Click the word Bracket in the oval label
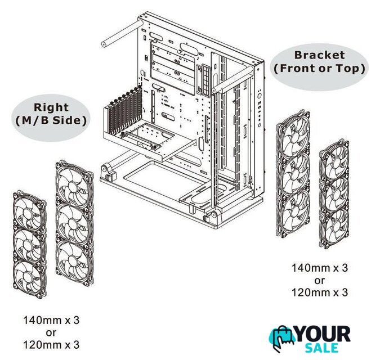[x=319, y=55]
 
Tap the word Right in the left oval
[x=51, y=107]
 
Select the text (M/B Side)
[x=51, y=120]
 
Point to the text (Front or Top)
[x=319, y=69]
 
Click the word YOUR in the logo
[x=323, y=334]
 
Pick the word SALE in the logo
[x=321, y=348]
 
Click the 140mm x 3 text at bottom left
[x=51, y=320]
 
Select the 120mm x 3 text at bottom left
[x=51, y=345]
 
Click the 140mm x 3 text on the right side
[x=319, y=268]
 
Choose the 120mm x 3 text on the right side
[x=319, y=292]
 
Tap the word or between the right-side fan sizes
[x=319, y=281]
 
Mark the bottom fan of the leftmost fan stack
[x=30, y=278]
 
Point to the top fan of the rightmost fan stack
[x=334, y=159]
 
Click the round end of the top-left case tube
[x=104, y=44]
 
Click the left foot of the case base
[x=106, y=172]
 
